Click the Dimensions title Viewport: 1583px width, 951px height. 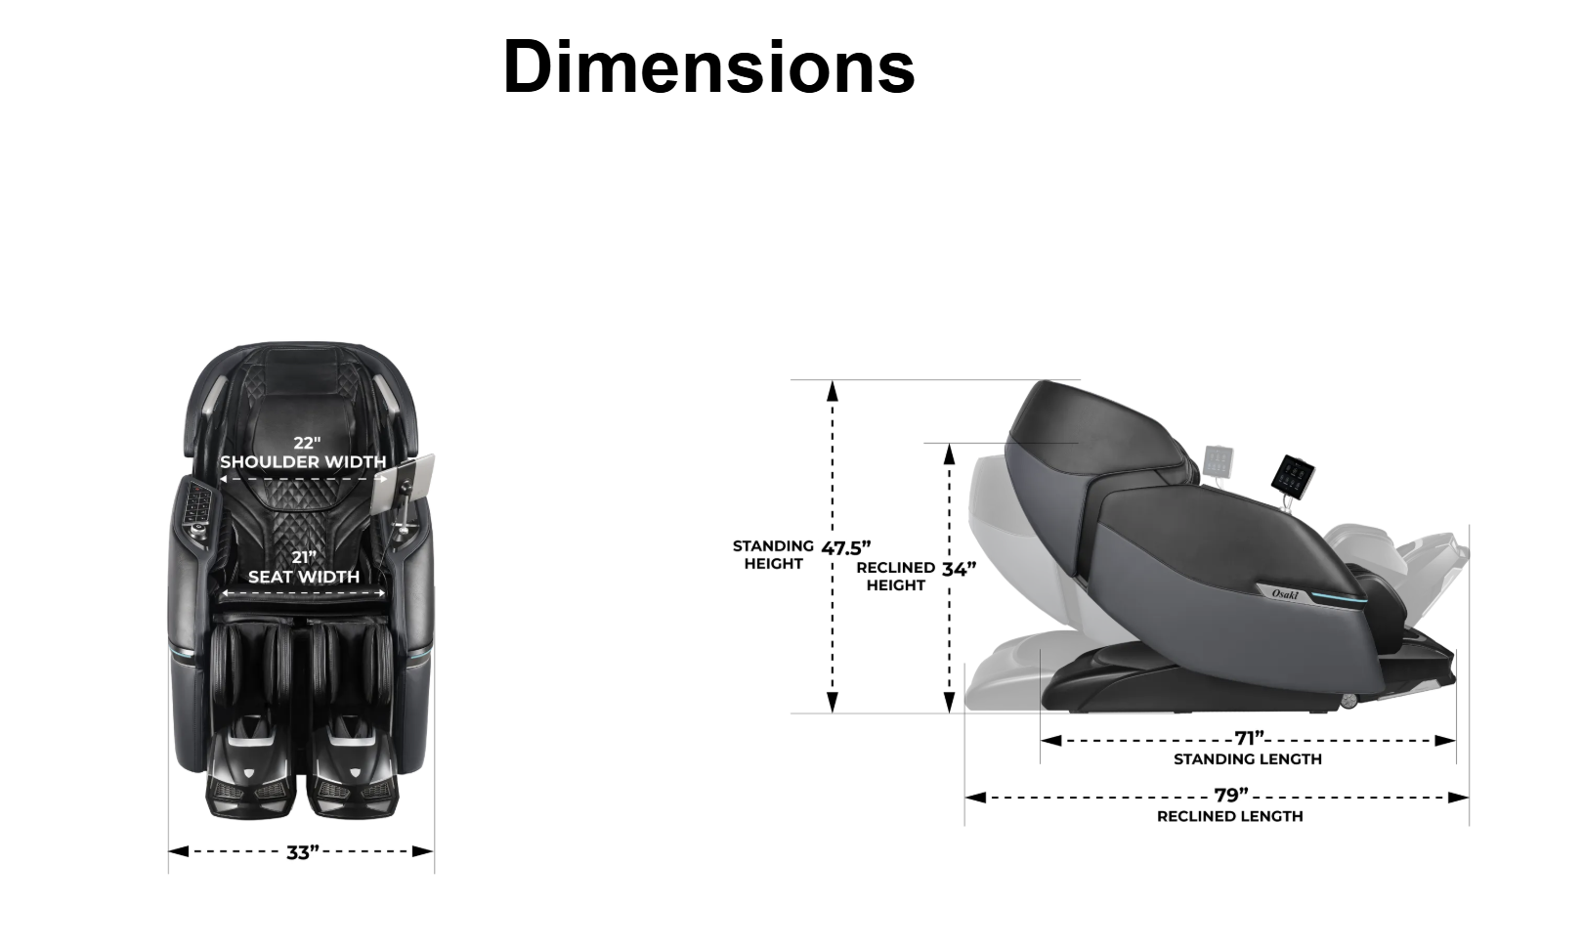click(708, 66)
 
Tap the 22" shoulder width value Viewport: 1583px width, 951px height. click(307, 444)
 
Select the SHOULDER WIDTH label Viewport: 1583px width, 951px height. click(303, 461)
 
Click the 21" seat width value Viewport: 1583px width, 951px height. click(304, 558)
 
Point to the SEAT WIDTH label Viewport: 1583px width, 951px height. click(304, 577)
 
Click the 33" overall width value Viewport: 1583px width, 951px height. click(303, 852)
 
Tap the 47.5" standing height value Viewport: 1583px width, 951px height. click(846, 548)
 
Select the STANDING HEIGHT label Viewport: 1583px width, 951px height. click(773, 555)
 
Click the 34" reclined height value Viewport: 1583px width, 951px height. click(959, 569)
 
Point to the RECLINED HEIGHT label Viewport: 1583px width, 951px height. click(895, 577)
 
